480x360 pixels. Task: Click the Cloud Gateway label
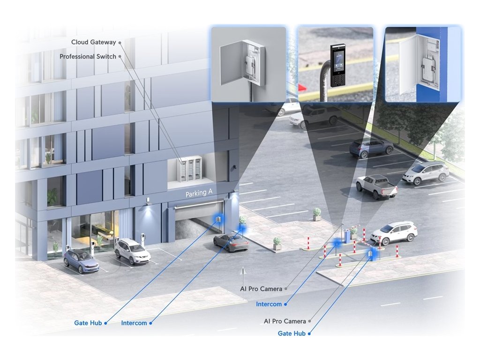93,42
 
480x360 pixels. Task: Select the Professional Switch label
88,57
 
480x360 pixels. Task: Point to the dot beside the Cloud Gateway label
120,42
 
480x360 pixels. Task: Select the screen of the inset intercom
337,60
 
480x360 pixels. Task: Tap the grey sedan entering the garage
231,242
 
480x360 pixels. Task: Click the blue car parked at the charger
81,261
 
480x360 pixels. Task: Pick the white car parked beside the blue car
132,251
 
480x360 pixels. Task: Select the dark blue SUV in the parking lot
371,147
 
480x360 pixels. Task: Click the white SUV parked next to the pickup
426,172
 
